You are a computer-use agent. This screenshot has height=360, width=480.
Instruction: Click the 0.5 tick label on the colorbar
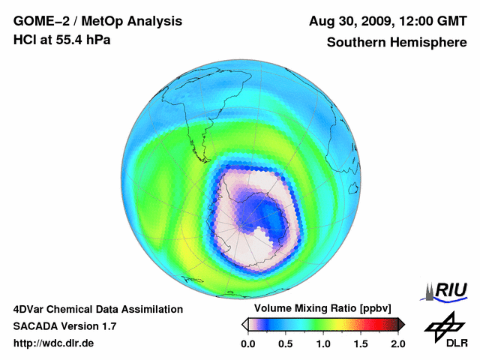point(286,343)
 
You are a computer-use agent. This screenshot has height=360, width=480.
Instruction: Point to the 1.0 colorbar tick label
point(323,343)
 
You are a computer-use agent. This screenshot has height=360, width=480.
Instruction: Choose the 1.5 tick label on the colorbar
point(361,343)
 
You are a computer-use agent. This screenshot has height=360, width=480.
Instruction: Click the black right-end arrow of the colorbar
point(401,324)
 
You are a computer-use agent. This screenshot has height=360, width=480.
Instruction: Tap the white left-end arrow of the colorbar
point(244,324)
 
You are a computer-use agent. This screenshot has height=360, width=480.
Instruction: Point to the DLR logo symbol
point(440,327)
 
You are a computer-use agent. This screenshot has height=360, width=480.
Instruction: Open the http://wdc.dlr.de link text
point(54,343)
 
